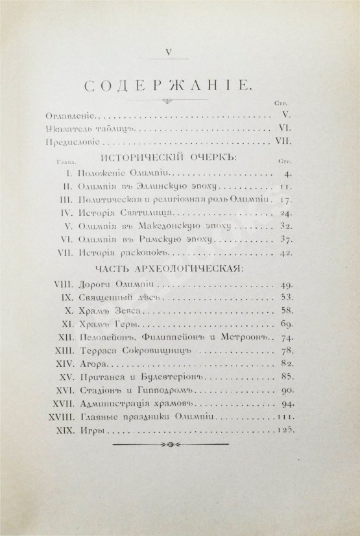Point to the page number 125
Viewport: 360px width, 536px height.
pos(285,431)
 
